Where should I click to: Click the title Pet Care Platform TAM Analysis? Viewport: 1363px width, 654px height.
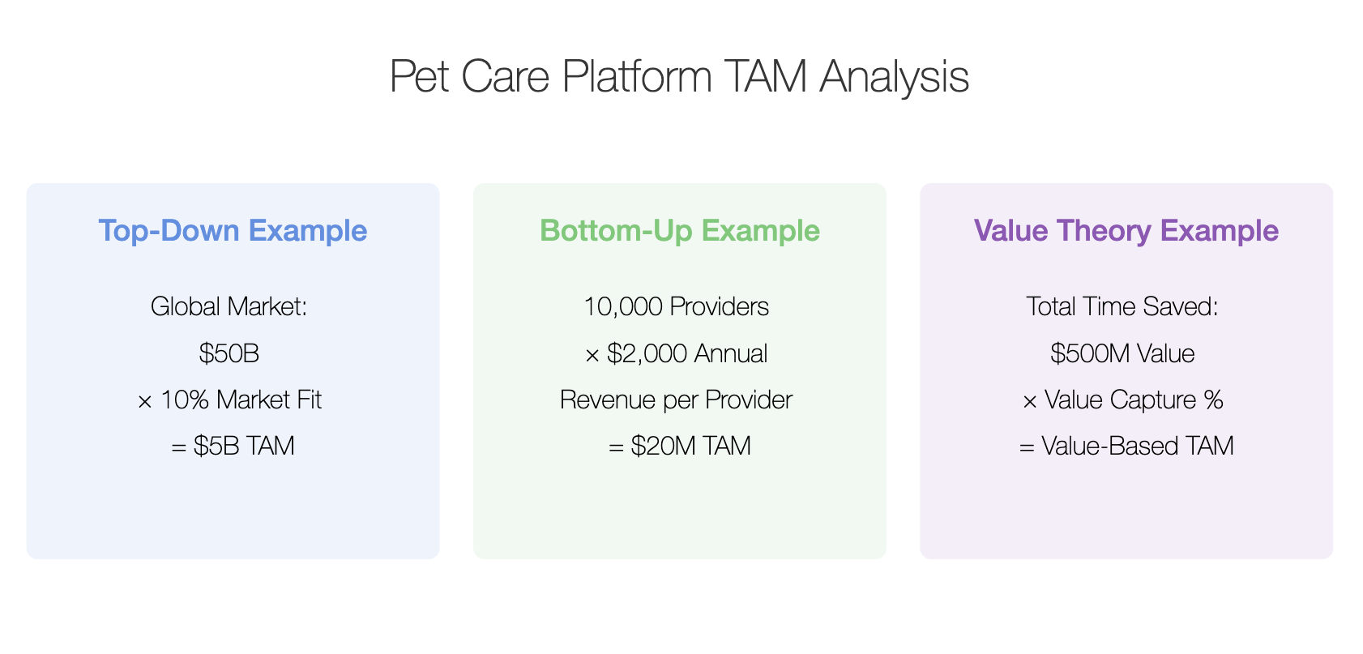pos(679,77)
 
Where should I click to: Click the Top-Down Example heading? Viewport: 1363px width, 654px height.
pos(233,231)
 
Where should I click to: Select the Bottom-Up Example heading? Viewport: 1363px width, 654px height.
pos(679,231)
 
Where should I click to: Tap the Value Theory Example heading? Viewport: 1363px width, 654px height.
pos(1126,231)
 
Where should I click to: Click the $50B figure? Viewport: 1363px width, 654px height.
pos(229,353)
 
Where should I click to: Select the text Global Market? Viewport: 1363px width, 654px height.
pos(229,306)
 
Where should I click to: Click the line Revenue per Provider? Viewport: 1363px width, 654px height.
pos(676,400)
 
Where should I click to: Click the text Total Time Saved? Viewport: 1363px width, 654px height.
pos(1122,306)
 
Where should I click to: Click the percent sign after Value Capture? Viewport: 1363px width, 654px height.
pos(1213,400)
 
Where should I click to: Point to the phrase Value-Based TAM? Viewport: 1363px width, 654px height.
pos(1138,446)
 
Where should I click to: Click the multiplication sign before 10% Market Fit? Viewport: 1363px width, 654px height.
pos(145,401)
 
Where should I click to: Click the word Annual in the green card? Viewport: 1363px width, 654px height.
pos(731,353)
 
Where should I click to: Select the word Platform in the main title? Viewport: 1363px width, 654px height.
pos(637,77)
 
